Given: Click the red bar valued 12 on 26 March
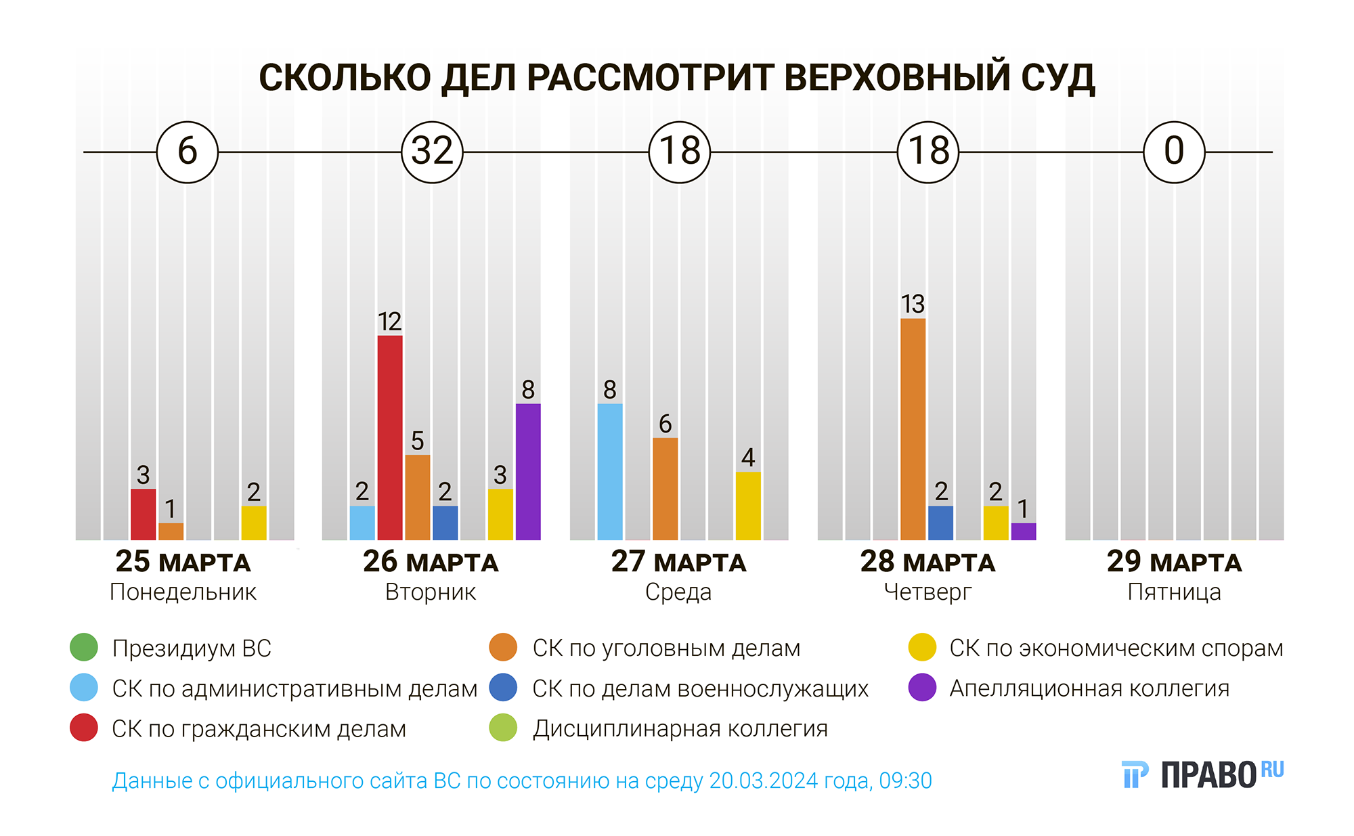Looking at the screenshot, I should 390,437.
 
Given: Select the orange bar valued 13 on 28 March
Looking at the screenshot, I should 913,429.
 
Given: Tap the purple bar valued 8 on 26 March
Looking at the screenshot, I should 528,472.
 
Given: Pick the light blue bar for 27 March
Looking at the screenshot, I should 610,472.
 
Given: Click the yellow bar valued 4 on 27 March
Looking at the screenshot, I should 748,506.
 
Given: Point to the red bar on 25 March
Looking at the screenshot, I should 143,514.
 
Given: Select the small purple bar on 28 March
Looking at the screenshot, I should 1023,531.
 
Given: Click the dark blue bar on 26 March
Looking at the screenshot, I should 445,523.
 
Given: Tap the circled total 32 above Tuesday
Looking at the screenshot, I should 432,152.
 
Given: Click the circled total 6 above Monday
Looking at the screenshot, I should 187,152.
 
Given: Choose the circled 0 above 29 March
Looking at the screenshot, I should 1174,152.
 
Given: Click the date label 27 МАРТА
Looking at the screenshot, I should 678,562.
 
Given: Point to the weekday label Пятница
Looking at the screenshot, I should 1174,592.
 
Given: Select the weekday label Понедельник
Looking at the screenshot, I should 183,592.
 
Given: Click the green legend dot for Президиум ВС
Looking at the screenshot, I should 84,648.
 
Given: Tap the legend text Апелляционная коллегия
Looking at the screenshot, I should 1089,688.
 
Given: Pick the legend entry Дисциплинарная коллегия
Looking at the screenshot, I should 680,729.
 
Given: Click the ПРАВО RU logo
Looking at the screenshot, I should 1202,774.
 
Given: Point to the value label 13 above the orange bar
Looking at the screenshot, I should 913,305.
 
